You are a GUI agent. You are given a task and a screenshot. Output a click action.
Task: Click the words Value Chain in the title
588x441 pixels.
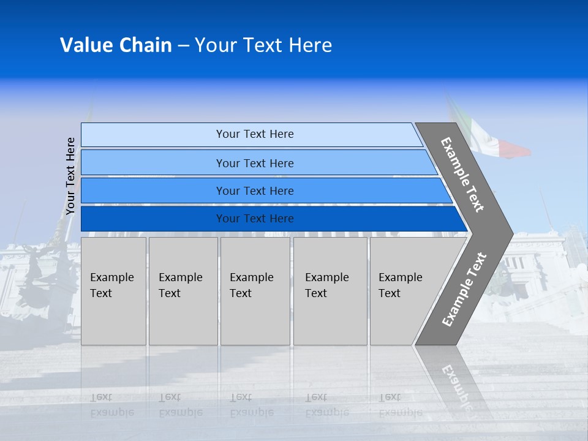[116, 45]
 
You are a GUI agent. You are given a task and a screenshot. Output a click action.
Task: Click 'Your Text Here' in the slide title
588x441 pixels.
[263, 45]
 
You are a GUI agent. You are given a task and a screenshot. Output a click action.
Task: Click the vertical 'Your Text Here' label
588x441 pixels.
[70, 176]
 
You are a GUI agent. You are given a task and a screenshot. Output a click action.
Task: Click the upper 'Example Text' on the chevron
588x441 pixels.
[462, 175]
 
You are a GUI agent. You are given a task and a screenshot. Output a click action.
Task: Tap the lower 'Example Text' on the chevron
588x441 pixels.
[464, 290]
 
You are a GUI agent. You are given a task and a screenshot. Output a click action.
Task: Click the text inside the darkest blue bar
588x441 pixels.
[255, 219]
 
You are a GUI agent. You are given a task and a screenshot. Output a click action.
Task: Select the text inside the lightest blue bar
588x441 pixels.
[255, 134]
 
